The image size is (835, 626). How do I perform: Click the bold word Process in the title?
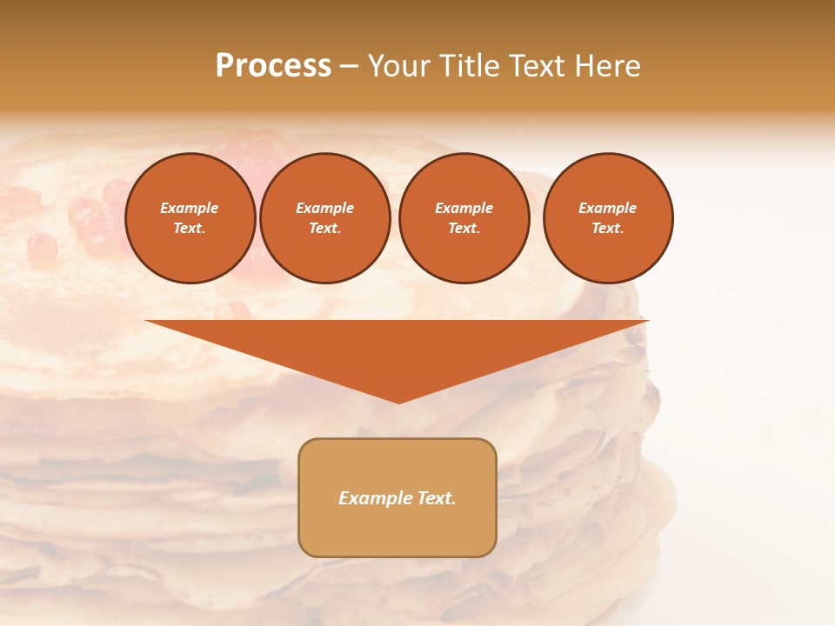coord(273,66)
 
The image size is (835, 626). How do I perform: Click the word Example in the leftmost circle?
coord(190,208)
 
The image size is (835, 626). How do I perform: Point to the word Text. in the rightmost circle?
coord(607,228)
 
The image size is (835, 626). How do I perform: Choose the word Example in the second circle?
coord(324,208)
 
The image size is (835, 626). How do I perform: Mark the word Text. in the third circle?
coord(464,228)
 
